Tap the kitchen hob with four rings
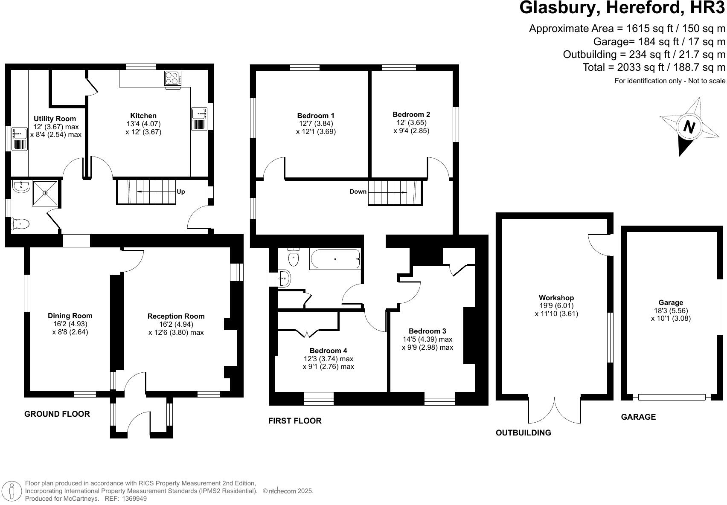(173, 78)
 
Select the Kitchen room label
(143, 116)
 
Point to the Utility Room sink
(20, 134)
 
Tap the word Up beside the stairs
(181, 192)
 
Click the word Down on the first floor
(358, 192)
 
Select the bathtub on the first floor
(335, 259)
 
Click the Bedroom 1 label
(316, 116)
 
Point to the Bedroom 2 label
(411, 114)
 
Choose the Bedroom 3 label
(427, 331)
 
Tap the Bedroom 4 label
(328, 351)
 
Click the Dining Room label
(70, 316)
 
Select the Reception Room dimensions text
(176, 328)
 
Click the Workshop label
(556, 298)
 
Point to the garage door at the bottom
(672, 397)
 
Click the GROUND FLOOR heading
(57, 414)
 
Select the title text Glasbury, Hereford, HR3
(622, 8)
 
